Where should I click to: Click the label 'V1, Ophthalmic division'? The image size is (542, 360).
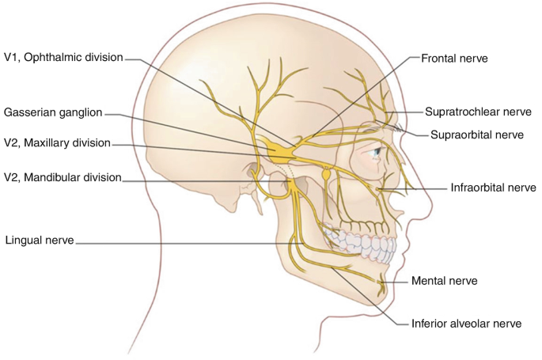pos(63,57)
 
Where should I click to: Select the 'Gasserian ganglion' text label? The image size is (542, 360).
pos(54,113)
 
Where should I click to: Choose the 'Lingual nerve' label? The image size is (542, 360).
pos(38,238)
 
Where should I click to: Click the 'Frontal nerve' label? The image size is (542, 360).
pos(453,58)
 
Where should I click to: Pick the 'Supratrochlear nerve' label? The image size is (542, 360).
pos(477,112)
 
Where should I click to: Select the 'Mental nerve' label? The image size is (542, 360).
pos(443,280)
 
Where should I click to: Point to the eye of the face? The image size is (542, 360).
pos(380,150)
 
